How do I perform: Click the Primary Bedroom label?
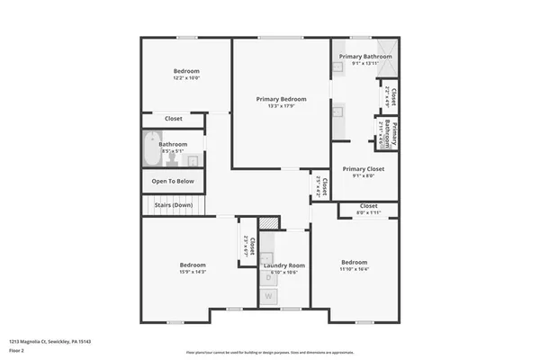point(281,99)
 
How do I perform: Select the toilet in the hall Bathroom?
point(193,160)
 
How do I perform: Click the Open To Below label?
point(173,181)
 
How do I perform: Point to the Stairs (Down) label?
point(173,205)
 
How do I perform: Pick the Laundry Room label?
point(283,265)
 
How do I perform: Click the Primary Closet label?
point(364,168)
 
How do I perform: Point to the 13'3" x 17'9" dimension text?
point(281,107)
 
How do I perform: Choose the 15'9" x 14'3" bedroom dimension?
point(193,272)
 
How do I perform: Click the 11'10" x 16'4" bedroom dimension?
point(355,269)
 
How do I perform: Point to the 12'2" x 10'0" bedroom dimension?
point(186,78)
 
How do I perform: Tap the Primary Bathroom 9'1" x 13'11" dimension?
point(365,64)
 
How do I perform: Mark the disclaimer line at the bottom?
point(269,352)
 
